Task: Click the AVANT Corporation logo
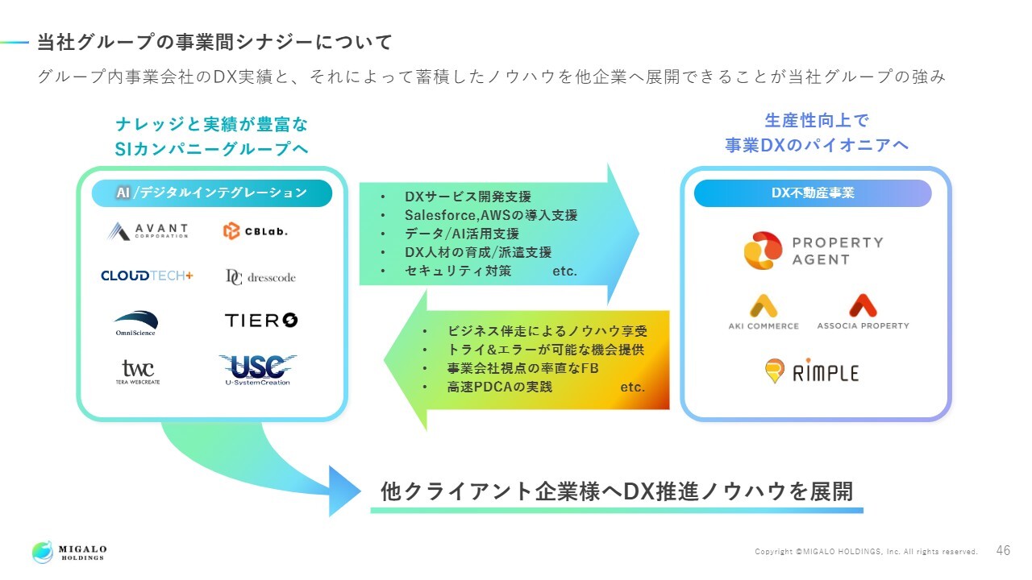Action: (148, 231)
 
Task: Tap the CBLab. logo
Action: (256, 231)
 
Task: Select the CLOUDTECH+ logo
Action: (147, 275)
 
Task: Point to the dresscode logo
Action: (260, 276)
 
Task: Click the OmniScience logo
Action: (135, 322)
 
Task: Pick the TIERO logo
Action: (261, 321)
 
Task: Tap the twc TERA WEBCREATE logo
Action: (138, 371)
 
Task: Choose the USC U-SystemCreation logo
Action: (258, 370)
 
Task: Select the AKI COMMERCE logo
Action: (764, 313)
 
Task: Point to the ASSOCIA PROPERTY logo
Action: (863, 313)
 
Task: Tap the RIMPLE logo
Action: (812, 371)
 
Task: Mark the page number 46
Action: (1003, 551)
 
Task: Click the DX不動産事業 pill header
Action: (813, 193)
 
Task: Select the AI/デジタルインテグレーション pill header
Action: (212, 193)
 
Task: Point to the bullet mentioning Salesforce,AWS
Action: (491, 215)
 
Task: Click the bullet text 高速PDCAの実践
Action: (500, 387)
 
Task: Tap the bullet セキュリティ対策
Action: (458, 271)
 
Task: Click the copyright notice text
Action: (866, 552)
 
